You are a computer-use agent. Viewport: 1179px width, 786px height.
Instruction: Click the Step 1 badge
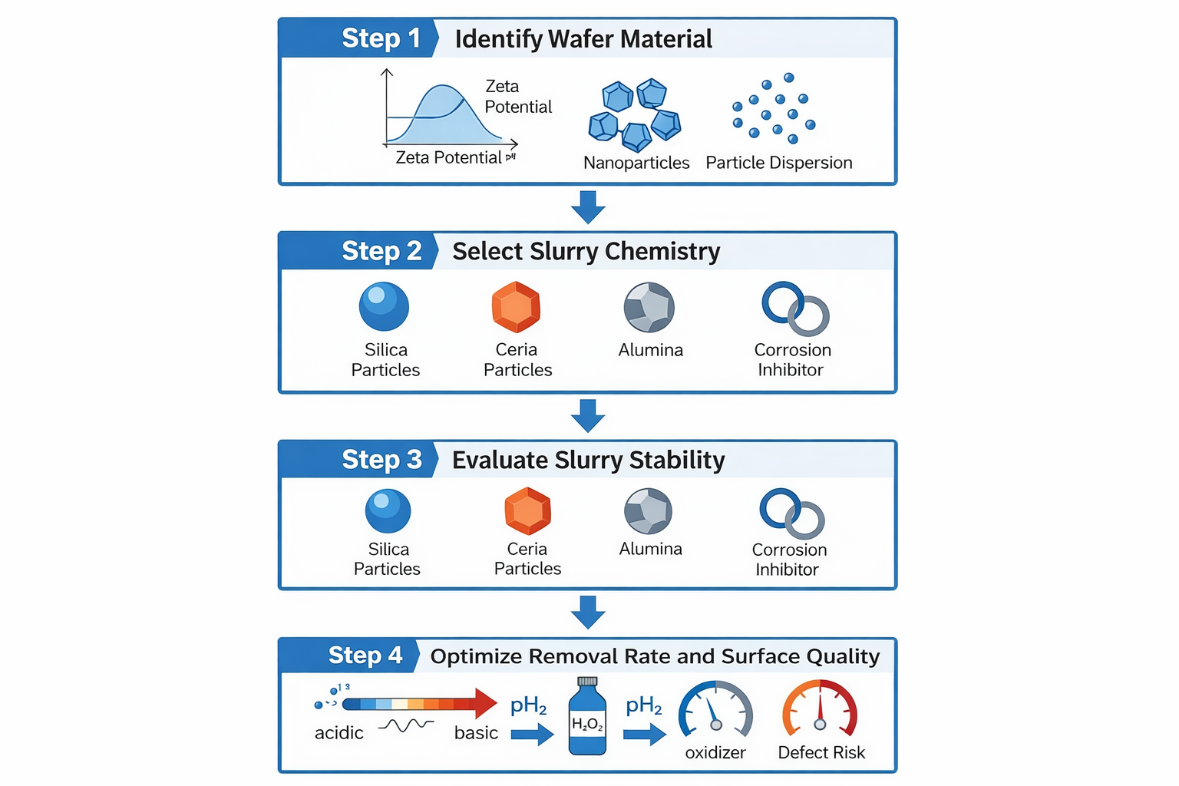[x=381, y=38]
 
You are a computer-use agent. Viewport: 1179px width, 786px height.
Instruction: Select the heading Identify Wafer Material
[x=583, y=39]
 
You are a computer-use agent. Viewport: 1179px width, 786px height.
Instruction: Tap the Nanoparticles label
[x=636, y=163]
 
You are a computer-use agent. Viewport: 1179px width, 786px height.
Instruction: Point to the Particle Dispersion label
[x=778, y=163]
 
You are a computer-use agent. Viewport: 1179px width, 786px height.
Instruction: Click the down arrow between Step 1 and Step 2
[x=588, y=207]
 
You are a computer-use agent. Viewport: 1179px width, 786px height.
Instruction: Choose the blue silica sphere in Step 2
[x=384, y=307]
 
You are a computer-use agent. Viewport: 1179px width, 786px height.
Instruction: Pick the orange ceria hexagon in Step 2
[x=516, y=307]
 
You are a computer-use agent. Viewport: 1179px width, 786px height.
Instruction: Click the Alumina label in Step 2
[x=650, y=350]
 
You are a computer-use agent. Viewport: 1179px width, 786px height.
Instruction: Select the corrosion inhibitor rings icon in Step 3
[x=791, y=514]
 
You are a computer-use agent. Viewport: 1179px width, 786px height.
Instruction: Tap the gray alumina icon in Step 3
[x=649, y=511]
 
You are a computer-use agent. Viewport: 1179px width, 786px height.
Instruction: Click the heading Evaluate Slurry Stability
[x=588, y=460]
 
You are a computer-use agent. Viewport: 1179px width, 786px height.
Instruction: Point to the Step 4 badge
[x=365, y=656]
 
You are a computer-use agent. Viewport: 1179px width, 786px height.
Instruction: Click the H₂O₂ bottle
[x=587, y=717]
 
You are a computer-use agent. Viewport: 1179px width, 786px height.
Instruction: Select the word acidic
[x=339, y=733]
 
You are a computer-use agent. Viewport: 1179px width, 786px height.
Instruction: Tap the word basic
[x=476, y=733]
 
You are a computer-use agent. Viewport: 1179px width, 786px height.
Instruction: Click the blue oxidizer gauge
[x=715, y=710]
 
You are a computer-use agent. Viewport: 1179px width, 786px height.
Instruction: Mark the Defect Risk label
[x=821, y=753]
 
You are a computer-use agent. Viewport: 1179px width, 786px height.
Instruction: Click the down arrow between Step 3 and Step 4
[x=588, y=612]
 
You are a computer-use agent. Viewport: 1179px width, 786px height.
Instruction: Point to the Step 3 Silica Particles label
[x=387, y=559]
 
